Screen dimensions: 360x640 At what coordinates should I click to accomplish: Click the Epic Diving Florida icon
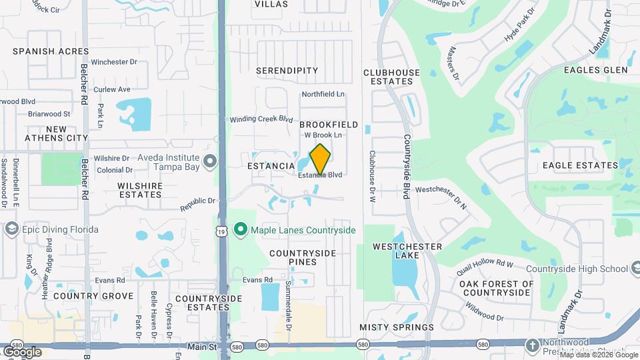click(x=11, y=230)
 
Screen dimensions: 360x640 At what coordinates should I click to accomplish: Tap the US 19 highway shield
click(x=222, y=230)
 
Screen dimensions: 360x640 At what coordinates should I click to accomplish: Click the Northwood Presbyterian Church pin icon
click(x=532, y=345)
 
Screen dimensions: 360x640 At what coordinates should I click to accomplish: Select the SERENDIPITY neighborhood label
click(x=287, y=70)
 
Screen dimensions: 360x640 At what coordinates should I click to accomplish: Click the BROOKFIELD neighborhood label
click(x=329, y=125)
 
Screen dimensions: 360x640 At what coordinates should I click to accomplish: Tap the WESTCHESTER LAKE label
click(x=399, y=252)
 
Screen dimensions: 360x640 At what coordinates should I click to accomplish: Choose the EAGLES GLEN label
click(x=595, y=70)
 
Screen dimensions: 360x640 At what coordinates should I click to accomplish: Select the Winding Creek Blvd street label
click(x=262, y=119)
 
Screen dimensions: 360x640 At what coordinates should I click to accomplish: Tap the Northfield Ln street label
click(x=323, y=95)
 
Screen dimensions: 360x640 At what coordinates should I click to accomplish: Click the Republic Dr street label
click(x=198, y=204)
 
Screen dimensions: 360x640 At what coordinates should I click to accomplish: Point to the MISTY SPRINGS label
click(x=396, y=327)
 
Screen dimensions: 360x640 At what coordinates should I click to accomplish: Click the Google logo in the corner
click(x=22, y=351)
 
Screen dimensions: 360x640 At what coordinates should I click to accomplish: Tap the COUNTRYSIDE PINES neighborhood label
click(x=302, y=258)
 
